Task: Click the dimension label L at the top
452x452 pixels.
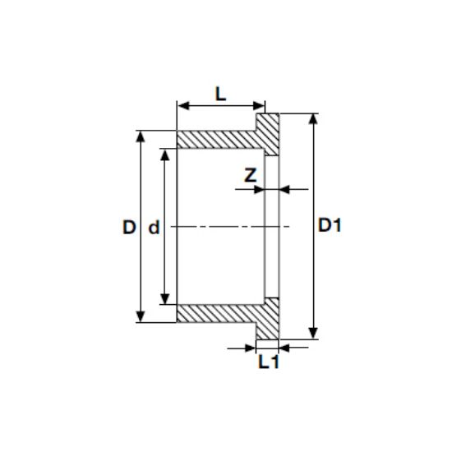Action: [x=220, y=93]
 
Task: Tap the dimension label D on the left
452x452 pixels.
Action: [x=128, y=228]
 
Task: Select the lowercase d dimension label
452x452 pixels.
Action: [x=153, y=228]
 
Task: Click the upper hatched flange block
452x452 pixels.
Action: [x=268, y=131]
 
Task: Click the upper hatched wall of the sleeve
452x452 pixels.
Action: [x=218, y=140]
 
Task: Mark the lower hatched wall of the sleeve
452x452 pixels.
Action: [x=218, y=313]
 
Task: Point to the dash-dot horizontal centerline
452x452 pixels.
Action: [x=222, y=226]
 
